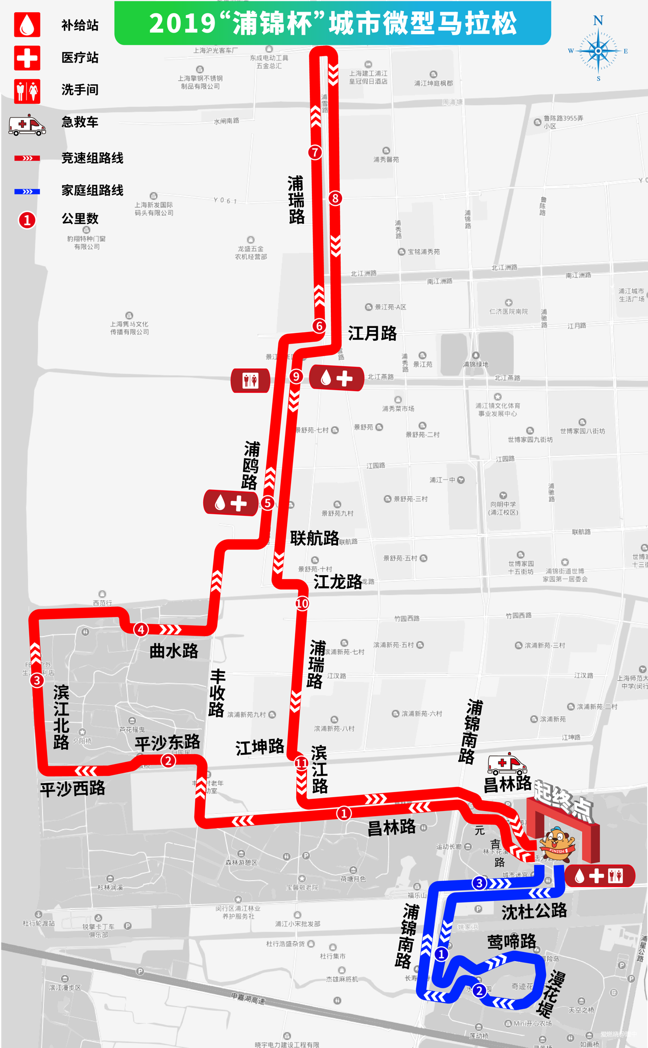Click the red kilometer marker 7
(315, 152)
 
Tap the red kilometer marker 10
(302, 603)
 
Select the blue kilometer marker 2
(479, 991)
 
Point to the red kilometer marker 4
(141, 629)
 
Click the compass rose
(598, 50)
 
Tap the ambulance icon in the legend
(27, 125)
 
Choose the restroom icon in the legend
(27, 91)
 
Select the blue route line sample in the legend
(27, 192)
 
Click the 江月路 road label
(372, 334)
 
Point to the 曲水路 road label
(174, 651)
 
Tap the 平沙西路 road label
(73, 789)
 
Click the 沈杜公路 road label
(534, 911)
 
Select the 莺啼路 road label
(512, 941)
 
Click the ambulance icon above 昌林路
(506, 765)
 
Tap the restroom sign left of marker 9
(250, 380)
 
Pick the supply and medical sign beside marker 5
(230, 503)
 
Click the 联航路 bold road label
(314, 538)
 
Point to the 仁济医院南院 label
(509, 311)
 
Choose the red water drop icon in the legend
(27, 25)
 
